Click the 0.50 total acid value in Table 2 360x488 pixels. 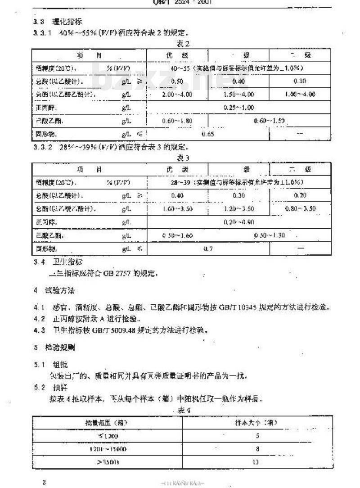point(170,81)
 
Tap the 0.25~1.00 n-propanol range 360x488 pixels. point(239,108)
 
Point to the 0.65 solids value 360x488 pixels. point(208,134)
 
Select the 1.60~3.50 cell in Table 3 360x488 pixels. point(176,209)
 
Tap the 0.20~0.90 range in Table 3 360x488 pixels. point(238,222)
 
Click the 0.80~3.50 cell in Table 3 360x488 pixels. point(301,209)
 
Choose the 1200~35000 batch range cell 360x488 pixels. point(107,448)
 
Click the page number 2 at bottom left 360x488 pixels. point(44,482)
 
